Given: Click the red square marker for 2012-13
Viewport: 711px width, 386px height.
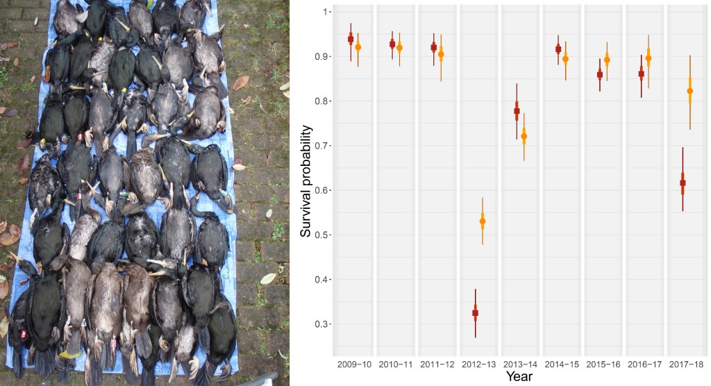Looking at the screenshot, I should click(x=475, y=313).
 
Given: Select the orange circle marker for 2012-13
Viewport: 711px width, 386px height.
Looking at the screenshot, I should click(x=483, y=221).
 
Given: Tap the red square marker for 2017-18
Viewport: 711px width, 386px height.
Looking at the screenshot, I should click(x=683, y=183).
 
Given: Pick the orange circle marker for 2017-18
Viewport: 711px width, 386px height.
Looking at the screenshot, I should click(x=690, y=91).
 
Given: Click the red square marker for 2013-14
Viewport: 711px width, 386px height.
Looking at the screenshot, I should click(x=517, y=111).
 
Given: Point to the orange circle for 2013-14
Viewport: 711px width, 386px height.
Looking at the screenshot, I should click(x=524, y=137).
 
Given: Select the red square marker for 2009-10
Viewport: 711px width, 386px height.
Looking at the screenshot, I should click(x=351, y=39).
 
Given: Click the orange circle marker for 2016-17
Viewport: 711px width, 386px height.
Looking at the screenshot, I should click(x=649, y=58).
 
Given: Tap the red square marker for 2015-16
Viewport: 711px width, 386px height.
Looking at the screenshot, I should click(x=600, y=74).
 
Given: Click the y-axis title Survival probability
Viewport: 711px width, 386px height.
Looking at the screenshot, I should click(x=306, y=181).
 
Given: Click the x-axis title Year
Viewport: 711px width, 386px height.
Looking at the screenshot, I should click(x=519, y=376).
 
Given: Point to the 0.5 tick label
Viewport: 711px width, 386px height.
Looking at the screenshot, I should click(x=321, y=235).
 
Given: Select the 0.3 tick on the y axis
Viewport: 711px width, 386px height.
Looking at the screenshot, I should click(x=321, y=324).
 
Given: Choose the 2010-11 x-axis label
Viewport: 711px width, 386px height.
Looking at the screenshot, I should click(x=396, y=363).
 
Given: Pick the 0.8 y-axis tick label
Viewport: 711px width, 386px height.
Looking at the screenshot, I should click(x=321, y=101).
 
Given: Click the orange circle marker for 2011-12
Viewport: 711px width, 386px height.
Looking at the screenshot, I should click(x=441, y=54).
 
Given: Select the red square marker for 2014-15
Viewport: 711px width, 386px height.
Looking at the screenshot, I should click(x=558, y=49).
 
